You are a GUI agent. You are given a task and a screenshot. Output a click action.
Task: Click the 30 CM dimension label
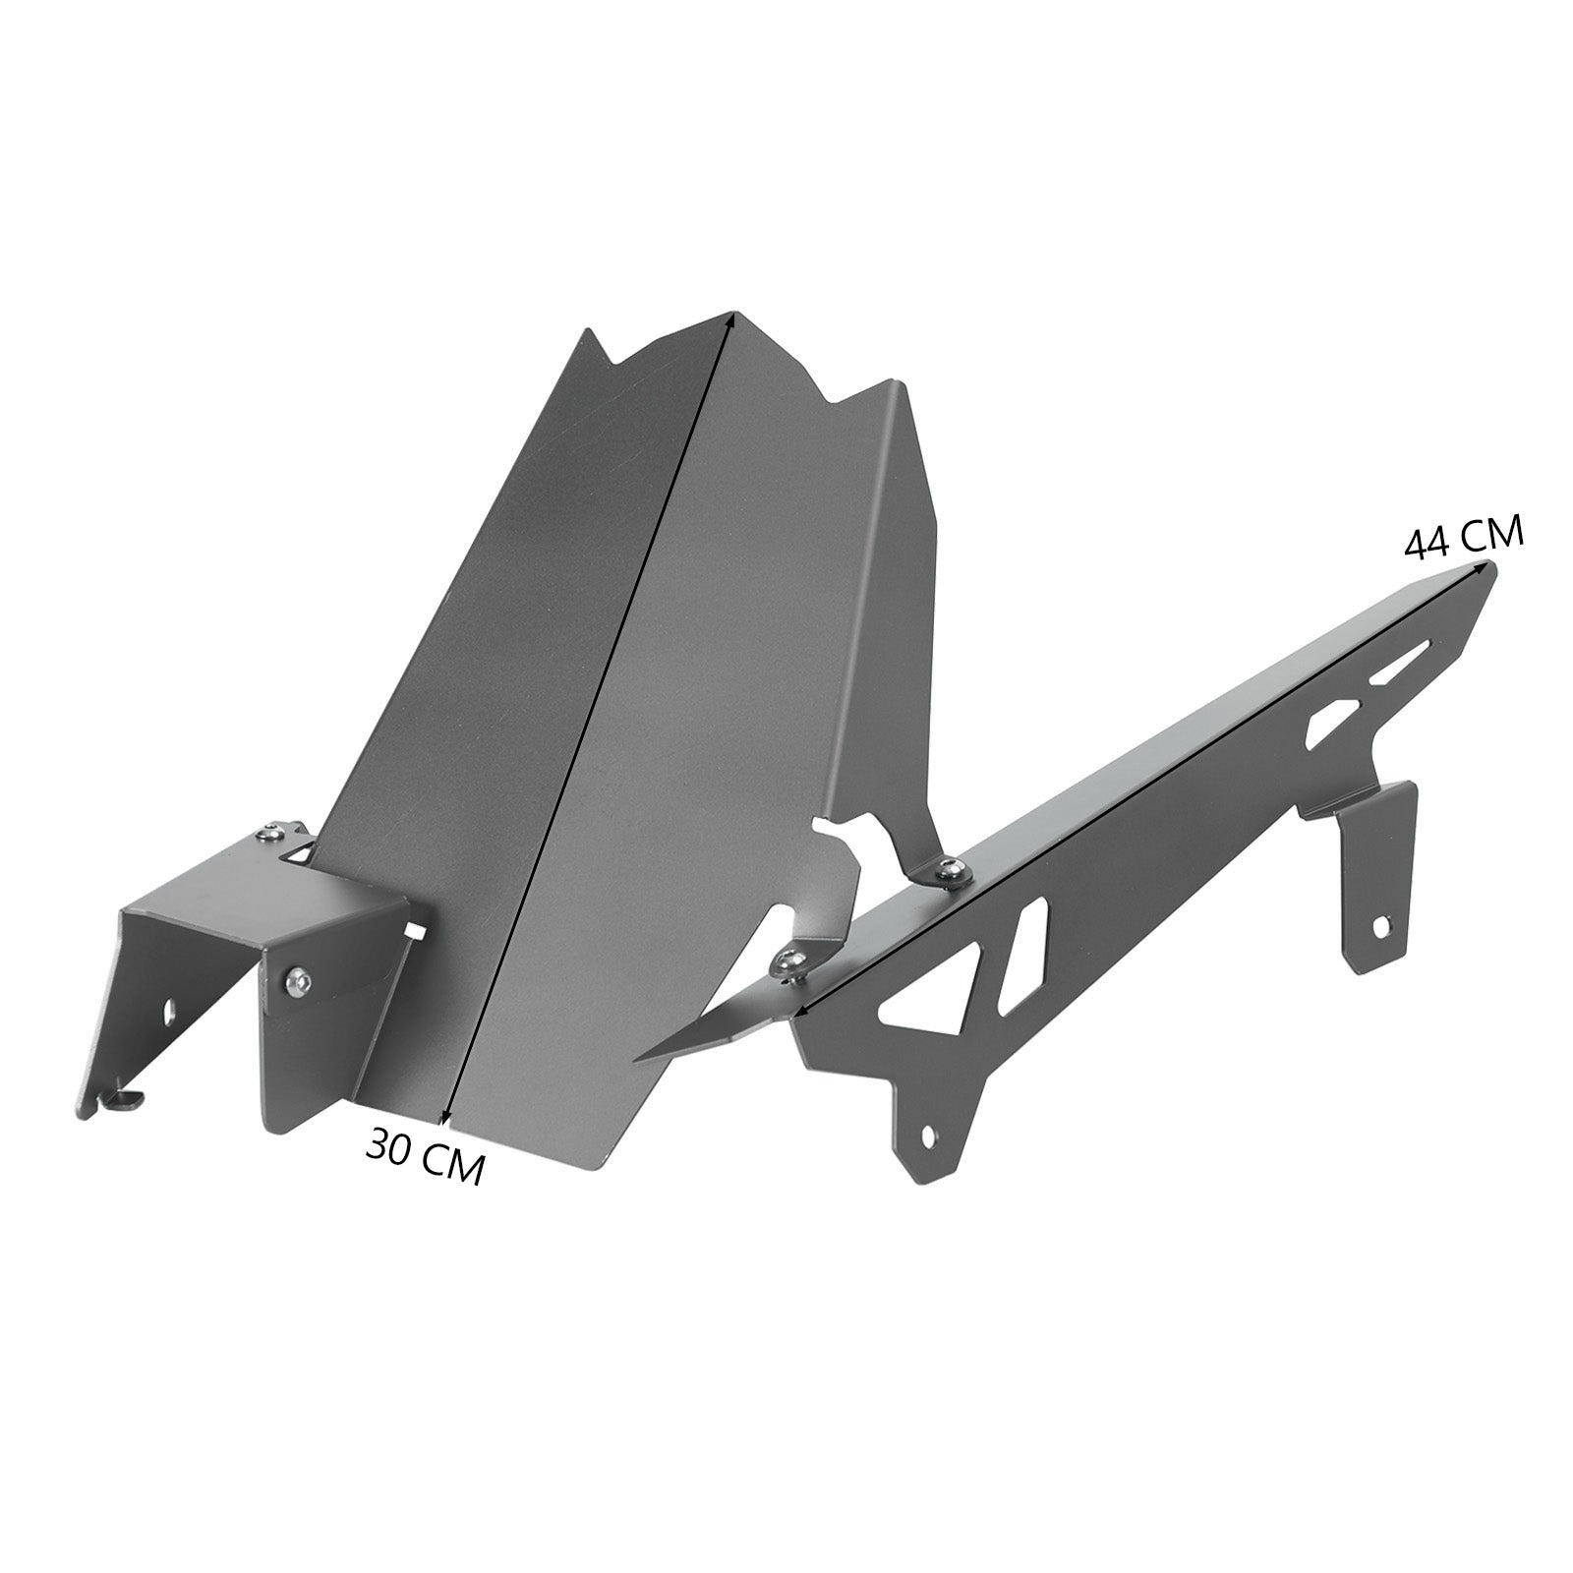tap(426, 1156)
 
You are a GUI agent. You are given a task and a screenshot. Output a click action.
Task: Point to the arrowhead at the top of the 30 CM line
tap(729, 320)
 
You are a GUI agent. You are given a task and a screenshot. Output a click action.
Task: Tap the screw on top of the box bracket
tap(264, 835)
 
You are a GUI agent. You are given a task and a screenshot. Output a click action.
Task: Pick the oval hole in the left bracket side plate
tap(168, 1008)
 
